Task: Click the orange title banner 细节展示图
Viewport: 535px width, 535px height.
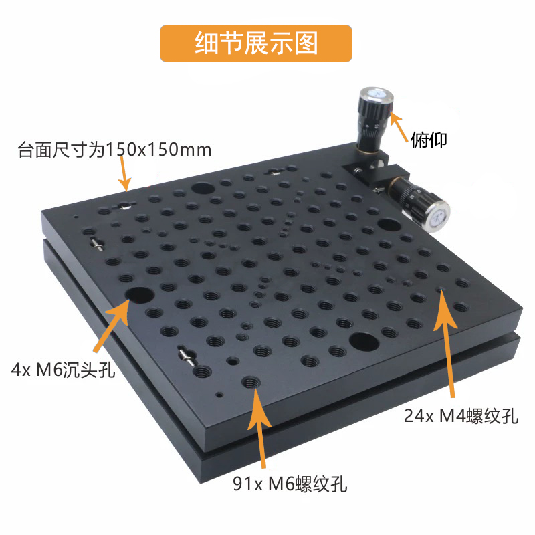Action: click(255, 43)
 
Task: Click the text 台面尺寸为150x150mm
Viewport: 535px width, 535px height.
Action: click(114, 150)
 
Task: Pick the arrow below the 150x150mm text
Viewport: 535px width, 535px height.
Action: click(124, 177)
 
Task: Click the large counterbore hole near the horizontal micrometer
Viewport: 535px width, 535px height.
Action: click(387, 224)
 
